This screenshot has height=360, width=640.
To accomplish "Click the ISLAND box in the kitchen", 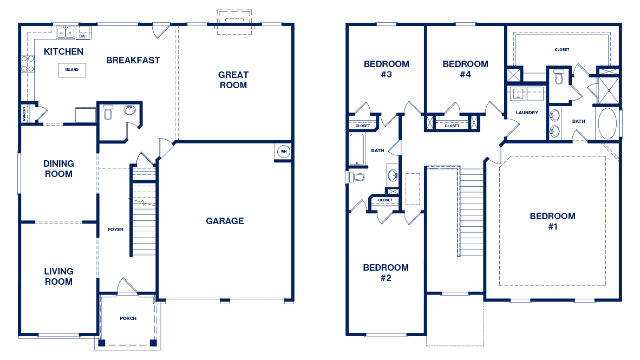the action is pyautogui.click(x=72, y=70).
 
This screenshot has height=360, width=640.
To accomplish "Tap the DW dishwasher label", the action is pyautogui.click(x=82, y=36).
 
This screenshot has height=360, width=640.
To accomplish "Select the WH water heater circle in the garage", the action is pyautogui.click(x=284, y=152).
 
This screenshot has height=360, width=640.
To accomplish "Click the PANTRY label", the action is pyautogui.click(x=24, y=113).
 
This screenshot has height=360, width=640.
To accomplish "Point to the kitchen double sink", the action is pyautogui.click(x=66, y=32).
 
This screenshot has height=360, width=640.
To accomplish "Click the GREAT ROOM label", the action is pyautogui.click(x=233, y=80).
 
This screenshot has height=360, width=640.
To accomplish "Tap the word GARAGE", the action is pyautogui.click(x=225, y=221).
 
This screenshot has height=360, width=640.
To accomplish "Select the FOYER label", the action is pyautogui.click(x=115, y=230).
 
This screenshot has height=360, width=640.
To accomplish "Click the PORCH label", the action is pyautogui.click(x=128, y=318).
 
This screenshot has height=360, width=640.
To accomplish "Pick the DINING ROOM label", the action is pyautogui.click(x=59, y=168).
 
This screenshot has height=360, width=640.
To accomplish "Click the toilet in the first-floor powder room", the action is pyautogui.click(x=108, y=112).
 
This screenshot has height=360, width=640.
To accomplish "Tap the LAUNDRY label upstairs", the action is pyautogui.click(x=527, y=113).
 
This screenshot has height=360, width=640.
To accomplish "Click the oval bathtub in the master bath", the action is pyautogui.click(x=608, y=123).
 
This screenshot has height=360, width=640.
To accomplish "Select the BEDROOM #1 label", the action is pyautogui.click(x=553, y=221).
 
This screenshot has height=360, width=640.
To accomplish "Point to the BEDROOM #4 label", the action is pyautogui.click(x=465, y=69).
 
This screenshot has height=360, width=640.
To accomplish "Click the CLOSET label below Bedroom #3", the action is pyautogui.click(x=363, y=126).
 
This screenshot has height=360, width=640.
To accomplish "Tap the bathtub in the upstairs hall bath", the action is pyautogui.click(x=357, y=149).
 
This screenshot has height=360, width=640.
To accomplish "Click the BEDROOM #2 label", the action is pyautogui.click(x=386, y=273).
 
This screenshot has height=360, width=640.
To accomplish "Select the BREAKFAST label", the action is pyautogui.click(x=133, y=61).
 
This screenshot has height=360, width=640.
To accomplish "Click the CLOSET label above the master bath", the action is pyautogui.click(x=562, y=49).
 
